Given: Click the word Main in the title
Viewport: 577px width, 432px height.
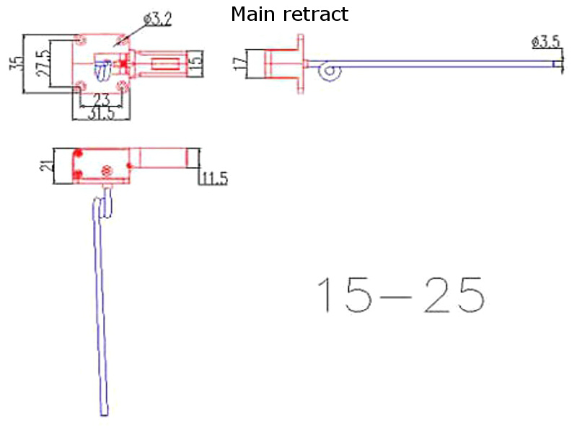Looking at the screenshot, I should pos(253,14).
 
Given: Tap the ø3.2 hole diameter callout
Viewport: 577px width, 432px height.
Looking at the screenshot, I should pos(157,19).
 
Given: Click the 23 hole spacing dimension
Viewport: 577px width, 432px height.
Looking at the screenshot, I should pos(102,100).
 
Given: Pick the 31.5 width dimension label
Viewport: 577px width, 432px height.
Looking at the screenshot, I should pos(101,114).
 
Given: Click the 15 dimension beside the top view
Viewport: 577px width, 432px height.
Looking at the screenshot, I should pos(195,63).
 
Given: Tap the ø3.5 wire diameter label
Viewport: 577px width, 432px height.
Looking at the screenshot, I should pos(546,42).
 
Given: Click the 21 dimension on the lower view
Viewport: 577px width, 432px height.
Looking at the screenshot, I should pos(45,165).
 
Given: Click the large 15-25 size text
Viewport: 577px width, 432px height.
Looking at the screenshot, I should pos(400,294).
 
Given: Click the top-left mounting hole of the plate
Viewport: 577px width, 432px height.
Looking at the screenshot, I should pos(79,39).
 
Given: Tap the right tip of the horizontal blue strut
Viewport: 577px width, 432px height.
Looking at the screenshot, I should pos(557,66).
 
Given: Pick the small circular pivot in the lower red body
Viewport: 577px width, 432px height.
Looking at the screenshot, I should pos(107,170).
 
